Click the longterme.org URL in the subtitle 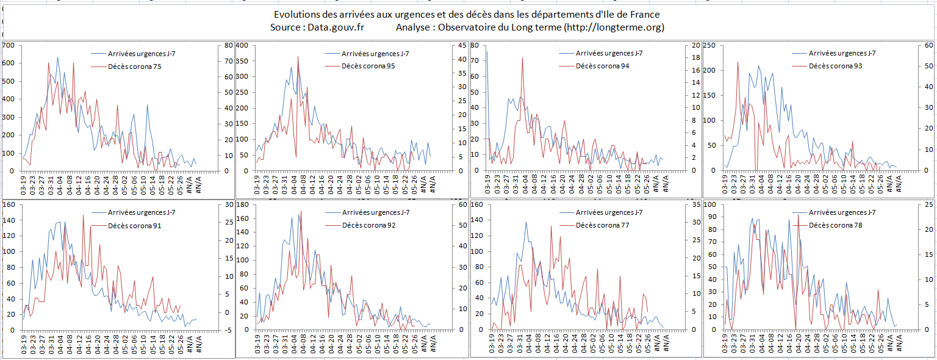(x=613, y=27)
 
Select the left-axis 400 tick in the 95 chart (x=243, y=46)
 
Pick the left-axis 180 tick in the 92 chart (x=243, y=204)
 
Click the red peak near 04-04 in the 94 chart (x=522, y=58)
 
